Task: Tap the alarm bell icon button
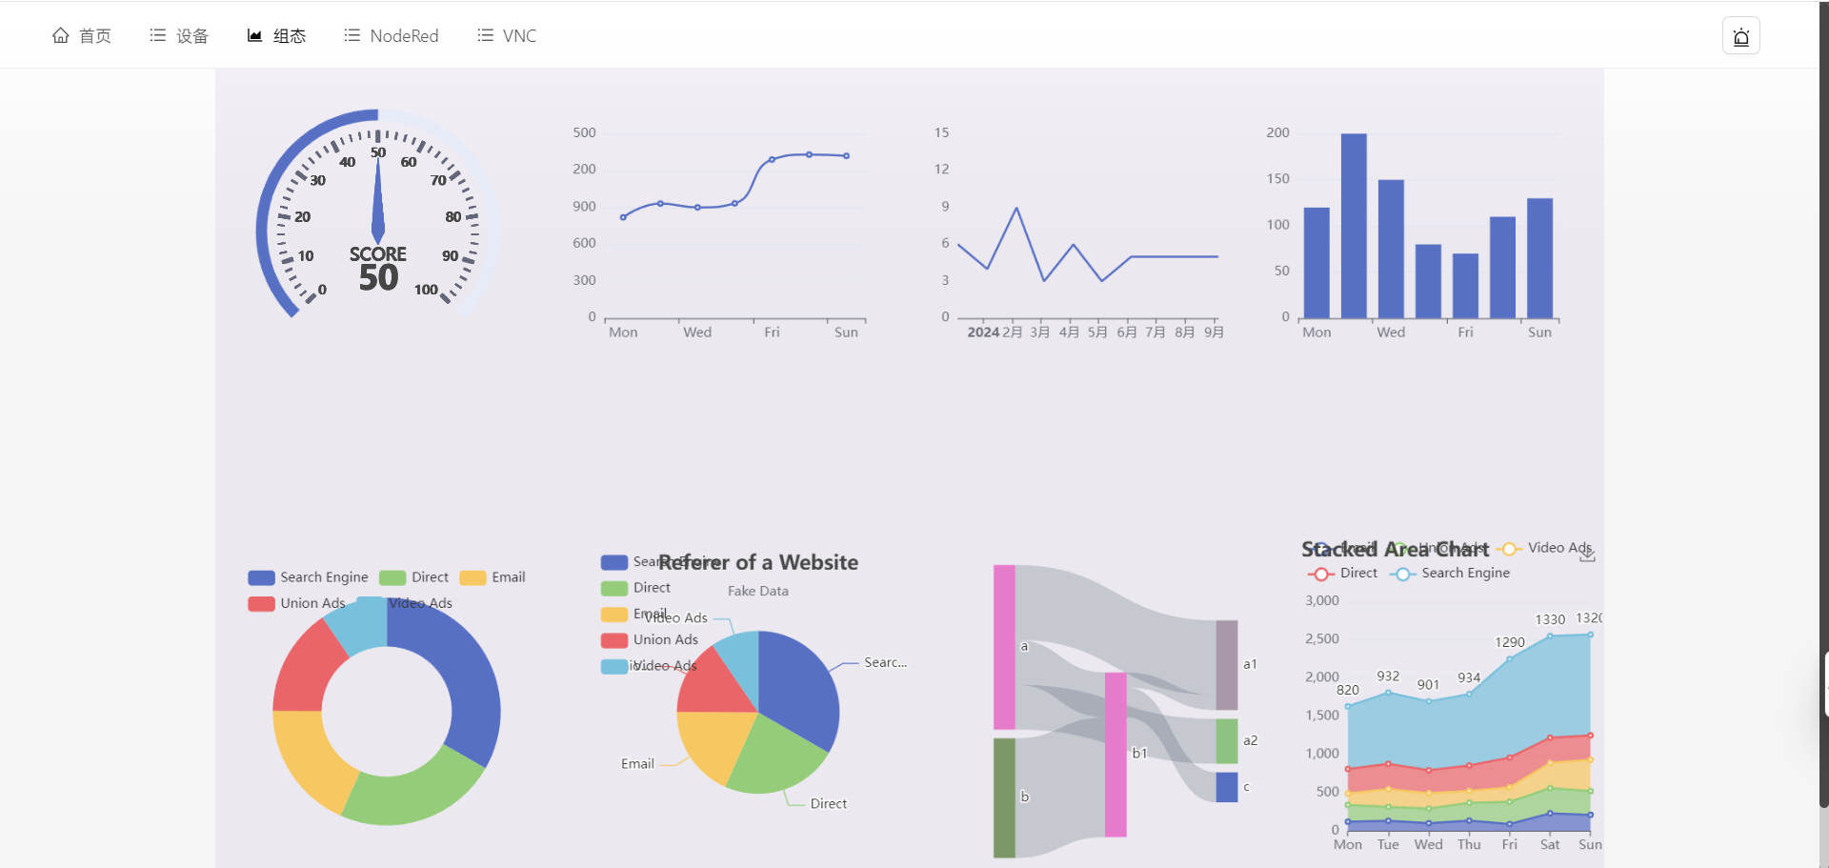[1740, 36]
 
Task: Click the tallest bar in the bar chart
[1354, 225]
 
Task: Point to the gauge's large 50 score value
[378, 278]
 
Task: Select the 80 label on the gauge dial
[453, 217]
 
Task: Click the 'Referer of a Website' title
[758, 562]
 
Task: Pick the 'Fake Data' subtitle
[758, 591]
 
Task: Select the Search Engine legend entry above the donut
[309, 577]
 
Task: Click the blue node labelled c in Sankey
[1227, 787]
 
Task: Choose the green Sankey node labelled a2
[1227, 741]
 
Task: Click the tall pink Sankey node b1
[1115, 755]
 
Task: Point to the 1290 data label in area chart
[1510, 642]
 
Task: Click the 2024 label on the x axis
[983, 333]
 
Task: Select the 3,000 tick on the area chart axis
[1322, 600]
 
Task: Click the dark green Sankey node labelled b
[1004, 797]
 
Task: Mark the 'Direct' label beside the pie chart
[829, 804]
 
